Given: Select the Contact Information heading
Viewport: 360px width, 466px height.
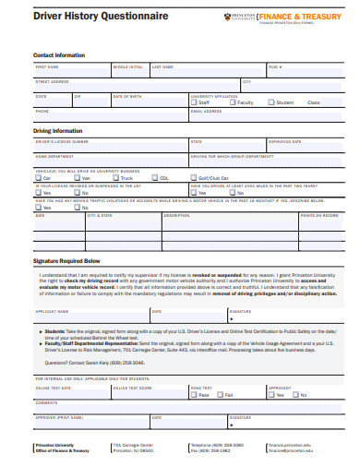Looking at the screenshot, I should (59, 54).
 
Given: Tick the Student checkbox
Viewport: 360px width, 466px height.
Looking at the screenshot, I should (271, 102).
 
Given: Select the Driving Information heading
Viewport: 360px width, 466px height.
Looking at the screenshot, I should (58, 131).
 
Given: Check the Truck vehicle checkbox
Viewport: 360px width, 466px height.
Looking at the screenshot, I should (115, 177).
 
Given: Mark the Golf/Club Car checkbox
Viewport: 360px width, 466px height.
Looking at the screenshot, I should (194, 177).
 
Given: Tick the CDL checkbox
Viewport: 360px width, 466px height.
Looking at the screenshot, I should (154, 177).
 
